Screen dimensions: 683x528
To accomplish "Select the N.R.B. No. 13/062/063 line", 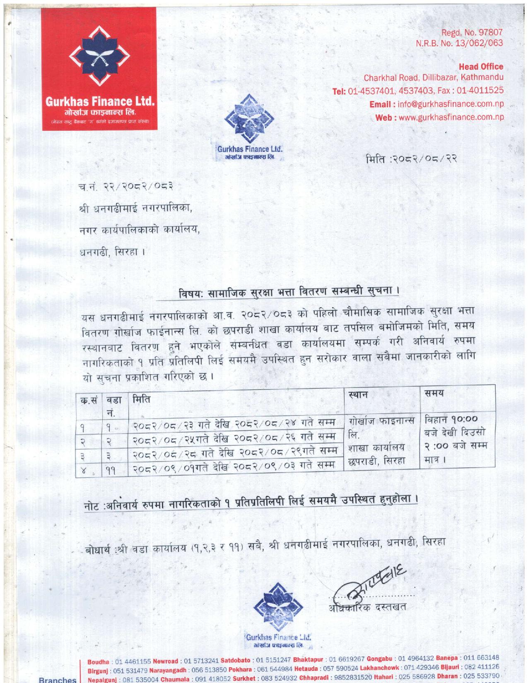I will pyautogui.click(x=459, y=43).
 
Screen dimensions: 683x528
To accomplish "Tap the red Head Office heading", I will pyautogui.click(x=481, y=67).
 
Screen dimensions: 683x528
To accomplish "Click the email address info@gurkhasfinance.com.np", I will pyautogui.click(x=450, y=104).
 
